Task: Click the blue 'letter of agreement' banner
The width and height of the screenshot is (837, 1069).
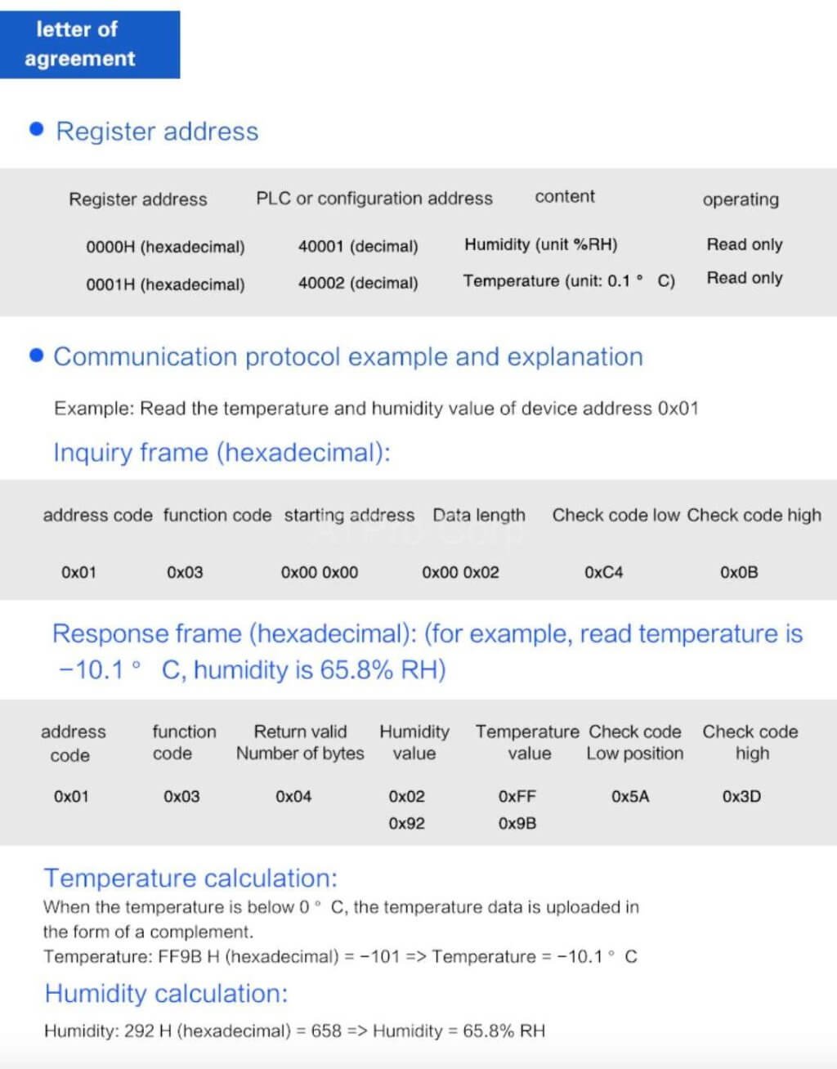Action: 89,44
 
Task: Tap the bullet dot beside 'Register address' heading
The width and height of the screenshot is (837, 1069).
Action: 36,129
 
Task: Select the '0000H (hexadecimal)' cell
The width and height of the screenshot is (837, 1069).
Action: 165,247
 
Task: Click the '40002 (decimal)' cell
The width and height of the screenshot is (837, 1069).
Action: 358,283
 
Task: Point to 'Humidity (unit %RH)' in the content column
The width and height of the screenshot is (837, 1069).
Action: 540,244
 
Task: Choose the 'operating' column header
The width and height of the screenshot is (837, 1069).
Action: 741,199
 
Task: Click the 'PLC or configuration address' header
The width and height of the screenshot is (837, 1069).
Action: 374,199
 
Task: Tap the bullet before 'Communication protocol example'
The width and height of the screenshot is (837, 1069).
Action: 36,355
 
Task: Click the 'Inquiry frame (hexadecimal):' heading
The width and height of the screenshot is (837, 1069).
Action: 222,452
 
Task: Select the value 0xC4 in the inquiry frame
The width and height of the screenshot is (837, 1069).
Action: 603,572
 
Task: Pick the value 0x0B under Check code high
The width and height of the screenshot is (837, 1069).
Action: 739,572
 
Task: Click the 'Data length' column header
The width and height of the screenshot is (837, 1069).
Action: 479,515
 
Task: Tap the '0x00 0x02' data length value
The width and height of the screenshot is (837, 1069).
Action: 460,572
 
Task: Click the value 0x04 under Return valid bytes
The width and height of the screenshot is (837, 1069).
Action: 293,796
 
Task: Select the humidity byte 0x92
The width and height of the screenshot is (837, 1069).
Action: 406,823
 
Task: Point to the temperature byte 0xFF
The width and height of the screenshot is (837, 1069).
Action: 517,796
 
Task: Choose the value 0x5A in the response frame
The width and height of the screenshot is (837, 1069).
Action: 630,796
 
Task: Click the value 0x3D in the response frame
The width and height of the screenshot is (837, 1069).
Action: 741,796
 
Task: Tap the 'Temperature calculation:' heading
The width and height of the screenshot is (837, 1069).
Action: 190,878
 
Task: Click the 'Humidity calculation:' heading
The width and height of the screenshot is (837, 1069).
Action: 166,993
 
